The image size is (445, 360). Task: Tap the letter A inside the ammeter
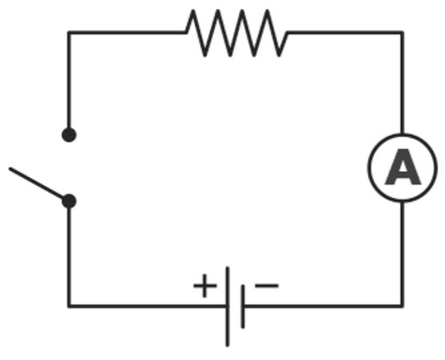(x=403, y=167)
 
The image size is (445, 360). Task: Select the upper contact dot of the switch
(x=69, y=135)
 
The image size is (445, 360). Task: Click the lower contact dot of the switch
(x=69, y=201)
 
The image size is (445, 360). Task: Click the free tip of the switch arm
(x=10, y=169)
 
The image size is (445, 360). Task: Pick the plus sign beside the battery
(x=205, y=286)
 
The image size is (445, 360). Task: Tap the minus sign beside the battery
(x=266, y=286)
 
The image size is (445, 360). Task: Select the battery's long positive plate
(x=227, y=307)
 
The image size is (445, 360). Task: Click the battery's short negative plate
(x=242, y=307)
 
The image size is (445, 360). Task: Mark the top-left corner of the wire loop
(x=69, y=32)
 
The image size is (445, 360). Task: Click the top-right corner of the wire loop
(x=402, y=32)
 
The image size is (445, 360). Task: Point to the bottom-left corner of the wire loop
(x=69, y=306)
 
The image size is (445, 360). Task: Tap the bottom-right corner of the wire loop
(x=402, y=306)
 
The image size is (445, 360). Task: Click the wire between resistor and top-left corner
(x=127, y=32)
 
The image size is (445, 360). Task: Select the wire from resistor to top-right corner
(x=345, y=32)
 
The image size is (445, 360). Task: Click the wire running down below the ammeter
(x=402, y=254)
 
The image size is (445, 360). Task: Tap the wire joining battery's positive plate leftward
(x=147, y=306)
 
